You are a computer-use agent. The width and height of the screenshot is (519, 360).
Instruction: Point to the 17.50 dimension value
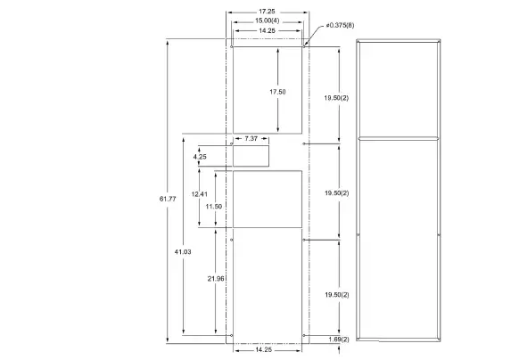pyautogui.click(x=277, y=92)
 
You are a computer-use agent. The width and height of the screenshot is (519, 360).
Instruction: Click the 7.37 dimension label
pyautogui.click(x=251, y=138)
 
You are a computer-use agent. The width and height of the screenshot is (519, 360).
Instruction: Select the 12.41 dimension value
pyautogui.click(x=199, y=193)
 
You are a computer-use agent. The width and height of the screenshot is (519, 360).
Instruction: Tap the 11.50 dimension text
pyautogui.click(x=213, y=206)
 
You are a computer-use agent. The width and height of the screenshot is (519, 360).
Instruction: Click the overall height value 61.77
pyautogui.click(x=168, y=197)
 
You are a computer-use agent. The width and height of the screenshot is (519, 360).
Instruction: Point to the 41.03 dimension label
pyautogui.click(x=183, y=252)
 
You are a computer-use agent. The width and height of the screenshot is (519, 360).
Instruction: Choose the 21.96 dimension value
pyautogui.click(x=215, y=279)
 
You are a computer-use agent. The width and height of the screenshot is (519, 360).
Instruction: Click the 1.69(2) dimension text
pyautogui.click(x=338, y=339)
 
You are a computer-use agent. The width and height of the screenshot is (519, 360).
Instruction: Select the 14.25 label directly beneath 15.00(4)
pyautogui.click(x=266, y=30)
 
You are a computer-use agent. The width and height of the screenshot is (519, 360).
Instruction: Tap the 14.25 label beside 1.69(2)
pyautogui.click(x=266, y=350)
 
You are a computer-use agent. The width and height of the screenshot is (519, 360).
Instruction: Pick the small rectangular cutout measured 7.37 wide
pyautogui.click(x=251, y=157)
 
